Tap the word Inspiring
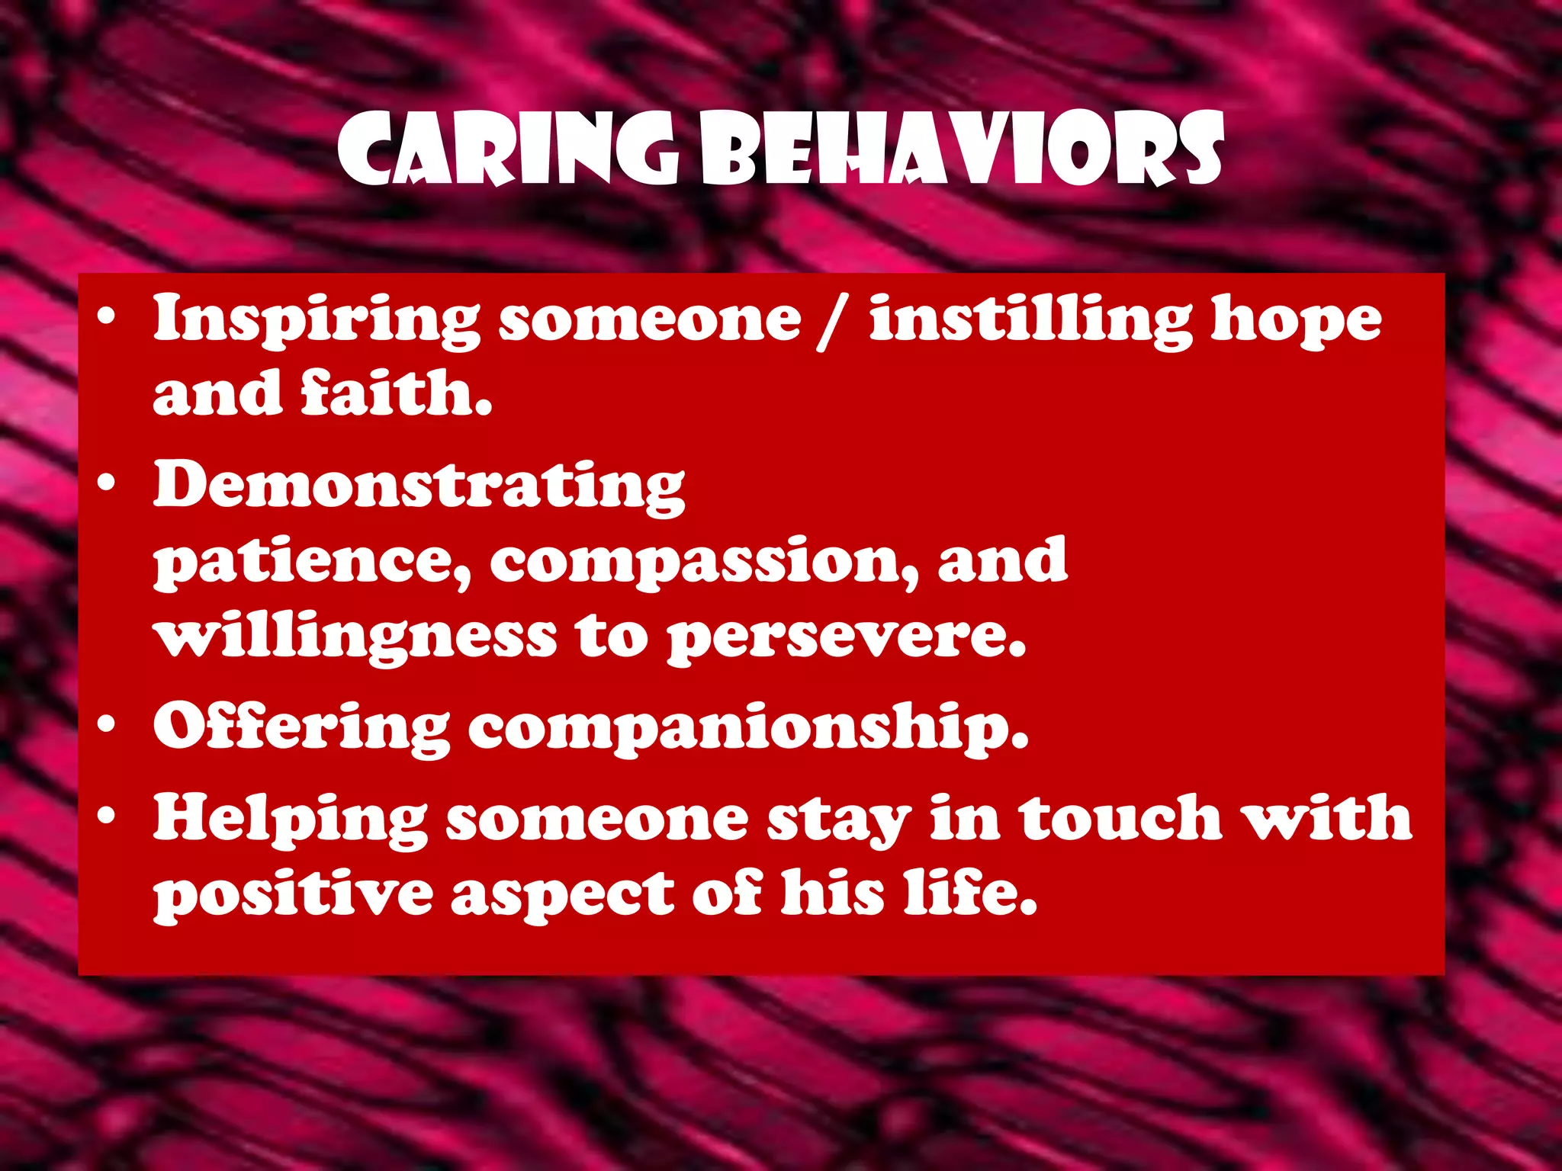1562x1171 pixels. (317, 320)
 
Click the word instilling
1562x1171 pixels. (1030, 320)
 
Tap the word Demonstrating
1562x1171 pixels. (419, 486)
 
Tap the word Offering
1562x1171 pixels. (301, 728)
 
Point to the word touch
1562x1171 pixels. (1121, 818)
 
